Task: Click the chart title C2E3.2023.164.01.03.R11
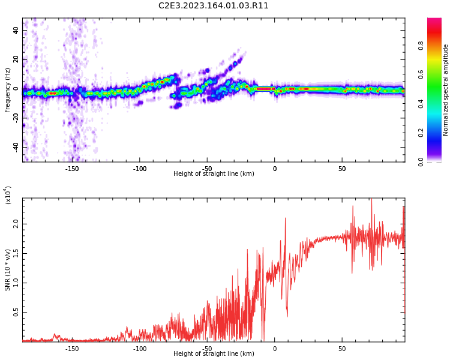(214, 6)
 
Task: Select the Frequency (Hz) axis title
(8, 89)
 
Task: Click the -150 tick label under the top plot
(72, 169)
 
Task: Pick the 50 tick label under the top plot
(342, 169)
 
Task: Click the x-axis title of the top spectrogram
(214, 174)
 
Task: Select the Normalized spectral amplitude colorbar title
(446, 89)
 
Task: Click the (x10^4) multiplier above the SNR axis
(8, 196)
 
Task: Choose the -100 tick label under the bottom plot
(140, 349)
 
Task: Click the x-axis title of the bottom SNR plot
(214, 354)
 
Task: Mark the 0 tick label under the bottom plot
(275, 349)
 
